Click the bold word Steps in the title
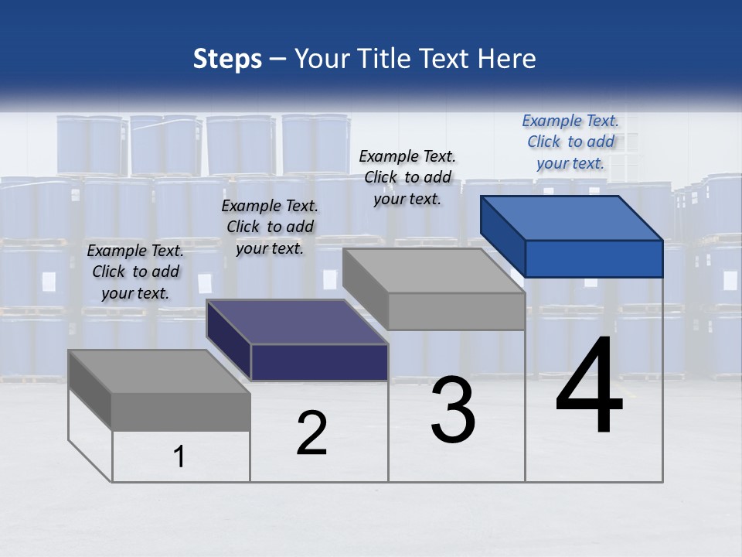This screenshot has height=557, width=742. point(227,59)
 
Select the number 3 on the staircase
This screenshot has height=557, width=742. point(453,410)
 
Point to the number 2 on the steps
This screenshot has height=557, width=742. point(311,433)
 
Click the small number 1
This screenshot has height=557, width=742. point(179,456)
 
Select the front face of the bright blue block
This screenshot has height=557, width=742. point(594,258)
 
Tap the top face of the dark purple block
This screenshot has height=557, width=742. point(298,322)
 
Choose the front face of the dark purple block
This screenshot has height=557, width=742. point(319,362)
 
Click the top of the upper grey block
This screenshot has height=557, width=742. point(433,271)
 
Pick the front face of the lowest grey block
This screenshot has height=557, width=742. point(181,412)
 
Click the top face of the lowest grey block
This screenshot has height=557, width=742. point(158,371)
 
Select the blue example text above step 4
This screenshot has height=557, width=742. point(570,142)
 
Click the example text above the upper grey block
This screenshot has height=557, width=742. point(407,177)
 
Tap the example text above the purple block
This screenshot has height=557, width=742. point(270,227)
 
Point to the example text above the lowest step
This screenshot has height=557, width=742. point(135,272)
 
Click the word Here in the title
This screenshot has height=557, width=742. point(507,59)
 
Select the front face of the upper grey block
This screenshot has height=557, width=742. point(456,311)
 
